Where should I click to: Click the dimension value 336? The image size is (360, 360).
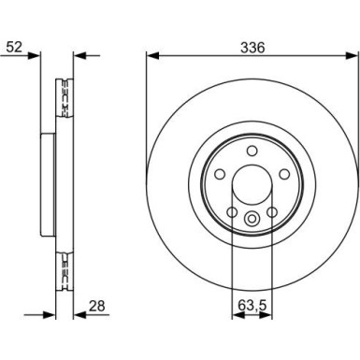point(252,48)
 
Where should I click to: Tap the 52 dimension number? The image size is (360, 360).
point(15,48)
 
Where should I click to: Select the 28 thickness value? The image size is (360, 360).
point(96,306)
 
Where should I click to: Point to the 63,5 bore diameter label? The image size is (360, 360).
point(252,306)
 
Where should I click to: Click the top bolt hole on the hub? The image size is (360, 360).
point(252,151)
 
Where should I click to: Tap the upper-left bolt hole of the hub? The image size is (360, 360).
point(220,174)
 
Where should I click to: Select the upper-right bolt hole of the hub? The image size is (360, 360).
point(284,174)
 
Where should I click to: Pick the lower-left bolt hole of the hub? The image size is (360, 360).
point(232,212)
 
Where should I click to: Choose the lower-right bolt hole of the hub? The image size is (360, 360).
point(272,212)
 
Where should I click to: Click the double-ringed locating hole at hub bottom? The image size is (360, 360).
point(252,218)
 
